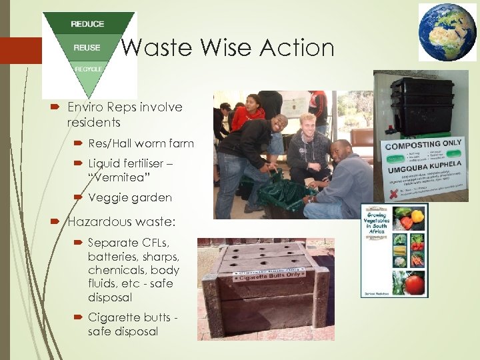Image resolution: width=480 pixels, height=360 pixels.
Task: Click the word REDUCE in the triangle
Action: coord(87,25)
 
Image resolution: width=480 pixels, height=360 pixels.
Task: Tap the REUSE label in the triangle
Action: coord(87,47)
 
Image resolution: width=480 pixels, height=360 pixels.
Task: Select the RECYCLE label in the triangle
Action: coord(88,69)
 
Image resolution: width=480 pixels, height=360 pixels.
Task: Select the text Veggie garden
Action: coord(129,198)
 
